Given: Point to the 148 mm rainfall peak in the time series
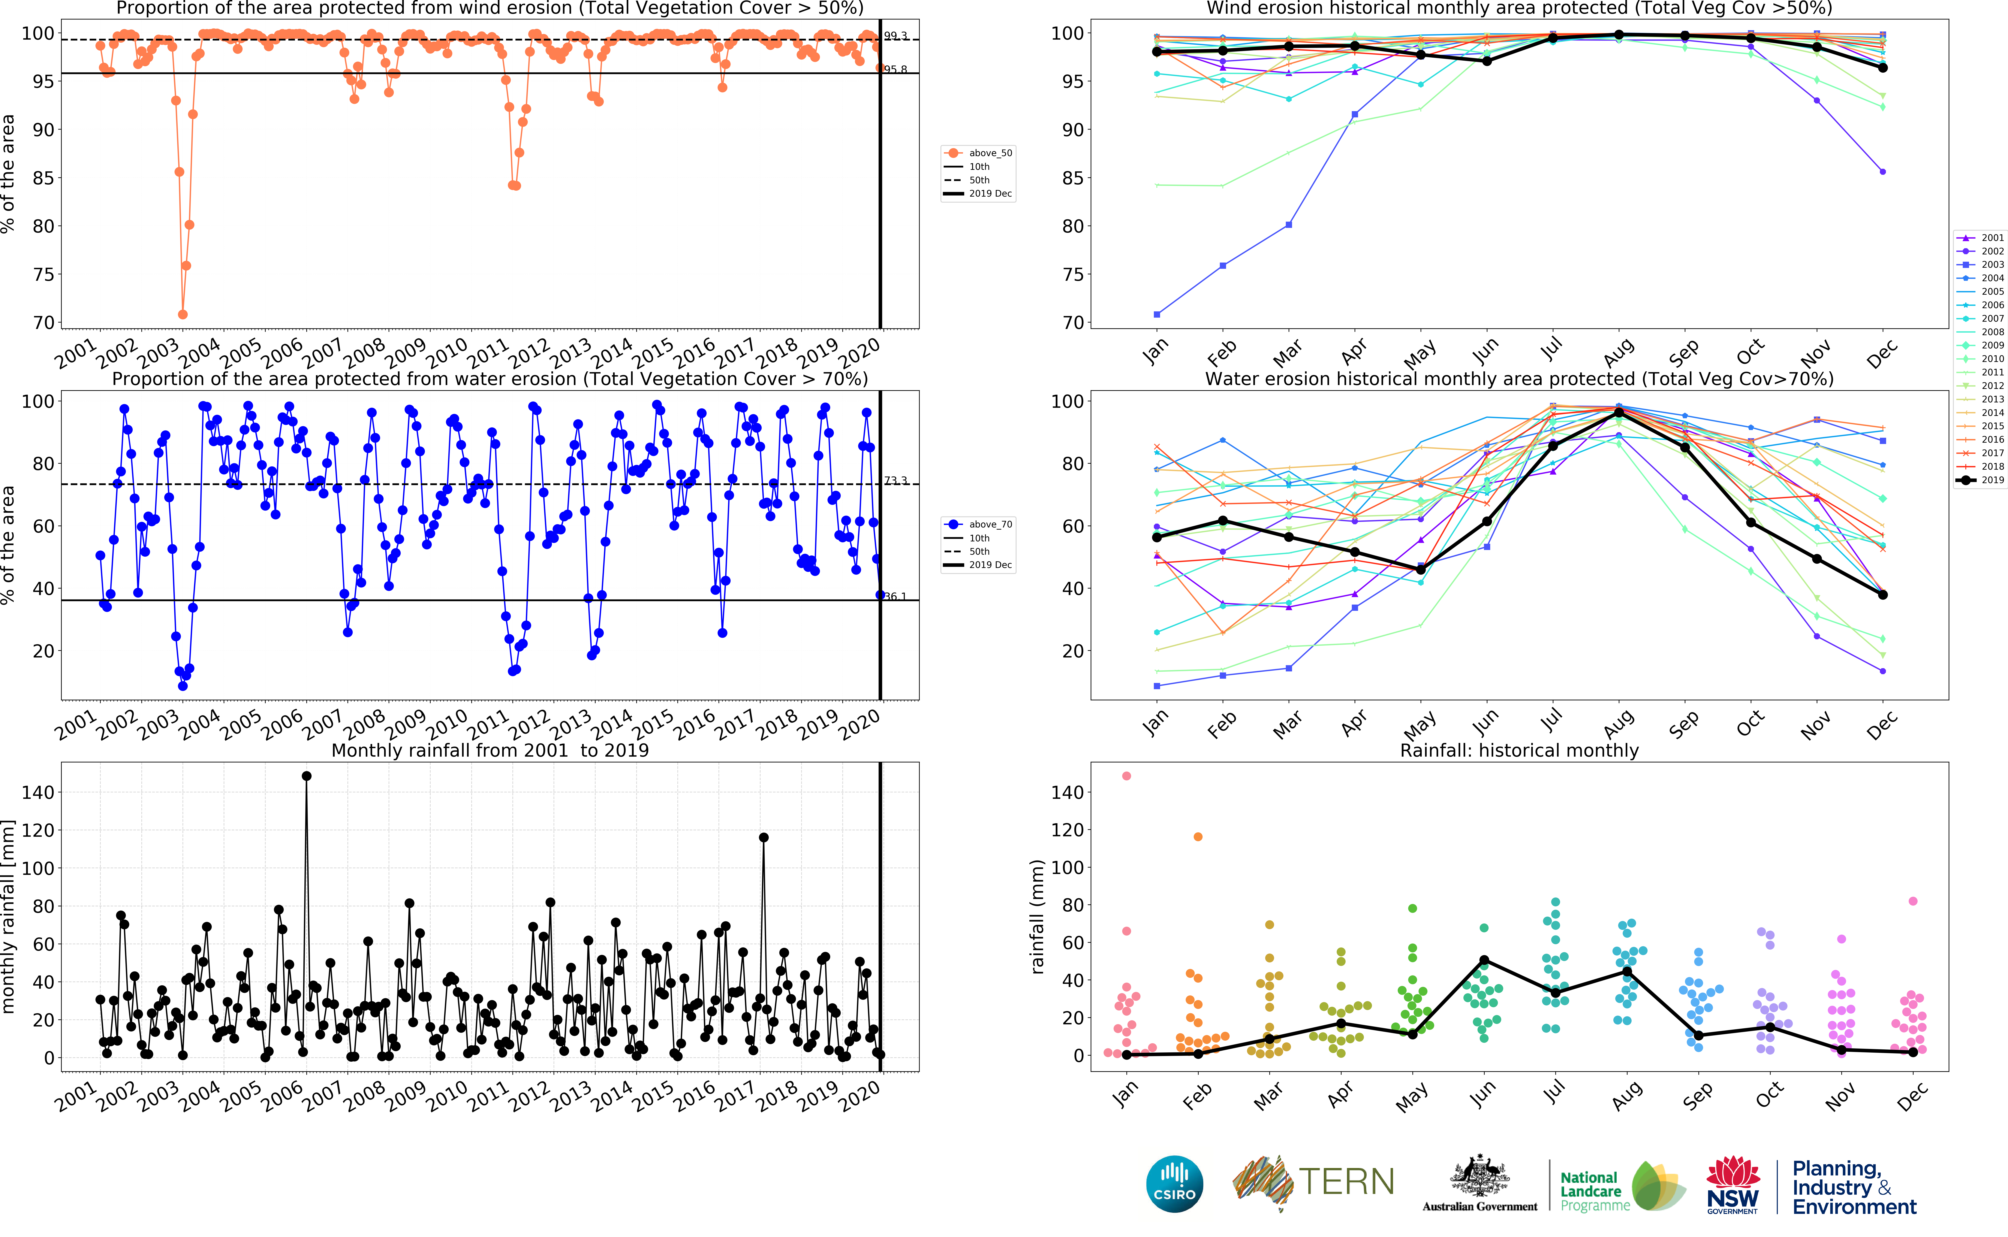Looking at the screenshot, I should click(306, 775).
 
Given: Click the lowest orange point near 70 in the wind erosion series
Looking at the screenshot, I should click(183, 314).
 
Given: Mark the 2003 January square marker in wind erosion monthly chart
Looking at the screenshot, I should click(1156, 314).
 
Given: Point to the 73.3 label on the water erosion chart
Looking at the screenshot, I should click(895, 480).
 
